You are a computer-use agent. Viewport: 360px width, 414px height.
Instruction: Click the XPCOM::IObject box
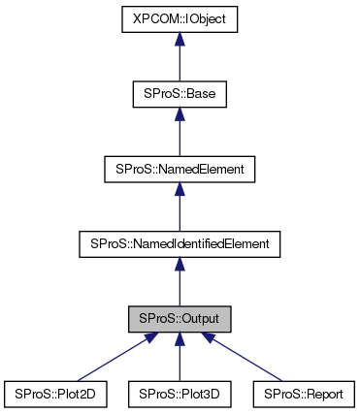click(180, 18)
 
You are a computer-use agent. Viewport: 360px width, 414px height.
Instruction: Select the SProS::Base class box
click(180, 96)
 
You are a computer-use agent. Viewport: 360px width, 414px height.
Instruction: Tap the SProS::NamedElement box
click(180, 170)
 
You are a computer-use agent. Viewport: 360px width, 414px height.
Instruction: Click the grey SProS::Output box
click(180, 319)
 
